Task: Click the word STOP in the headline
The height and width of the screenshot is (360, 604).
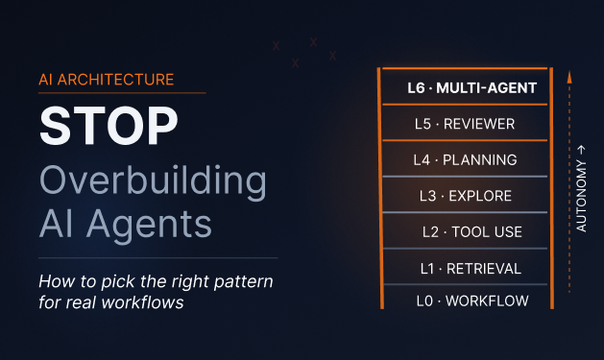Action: click(109, 126)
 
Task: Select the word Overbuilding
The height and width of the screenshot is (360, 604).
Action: click(153, 181)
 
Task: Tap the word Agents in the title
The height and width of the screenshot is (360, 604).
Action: click(149, 225)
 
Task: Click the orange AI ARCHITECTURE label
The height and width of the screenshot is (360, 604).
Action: click(107, 80)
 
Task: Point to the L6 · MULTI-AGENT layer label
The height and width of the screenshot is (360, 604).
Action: click(471, 88)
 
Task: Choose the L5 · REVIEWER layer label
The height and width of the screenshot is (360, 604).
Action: click(465, 124)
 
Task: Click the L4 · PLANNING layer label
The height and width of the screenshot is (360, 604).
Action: click(465, 159)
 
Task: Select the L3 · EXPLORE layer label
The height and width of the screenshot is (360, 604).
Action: click(466, 196)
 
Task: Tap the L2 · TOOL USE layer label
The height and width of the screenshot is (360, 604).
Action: click(472, 232)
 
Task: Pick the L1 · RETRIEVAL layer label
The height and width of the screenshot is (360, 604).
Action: click(471, 269)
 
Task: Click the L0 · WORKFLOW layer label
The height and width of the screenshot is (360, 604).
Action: click(472, 301)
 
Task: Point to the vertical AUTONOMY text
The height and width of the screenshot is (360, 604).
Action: click(581, 196)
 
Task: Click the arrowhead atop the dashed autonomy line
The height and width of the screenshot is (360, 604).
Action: click(569, 77)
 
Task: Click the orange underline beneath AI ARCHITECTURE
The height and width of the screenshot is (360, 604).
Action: click(122, 93)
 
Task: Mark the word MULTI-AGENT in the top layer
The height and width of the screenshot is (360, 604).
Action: click(487, 88)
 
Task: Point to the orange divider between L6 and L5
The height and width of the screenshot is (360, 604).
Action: click(465, 105)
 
